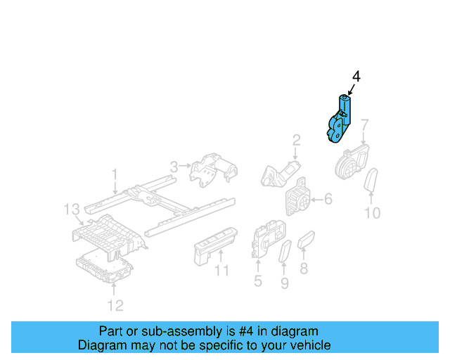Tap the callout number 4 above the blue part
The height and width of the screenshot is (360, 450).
pos(356,77)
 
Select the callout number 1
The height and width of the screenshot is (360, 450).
pos(115,172)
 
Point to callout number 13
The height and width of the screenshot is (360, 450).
pos(72,209)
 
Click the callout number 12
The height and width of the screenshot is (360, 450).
pos(115,304)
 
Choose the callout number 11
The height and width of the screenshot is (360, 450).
pos(222,271)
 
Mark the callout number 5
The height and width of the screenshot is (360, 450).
pos(257,282)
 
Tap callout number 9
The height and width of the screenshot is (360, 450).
pos(285,283)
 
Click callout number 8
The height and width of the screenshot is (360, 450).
pos(304,268)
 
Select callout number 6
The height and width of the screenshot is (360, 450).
pos(328,200)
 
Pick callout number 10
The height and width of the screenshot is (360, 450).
pos(372,213)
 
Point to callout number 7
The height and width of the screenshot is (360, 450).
pos(364,126)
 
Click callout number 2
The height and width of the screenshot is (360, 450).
pos(296,139)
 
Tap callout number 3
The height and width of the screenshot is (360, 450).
pos(174,167)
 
